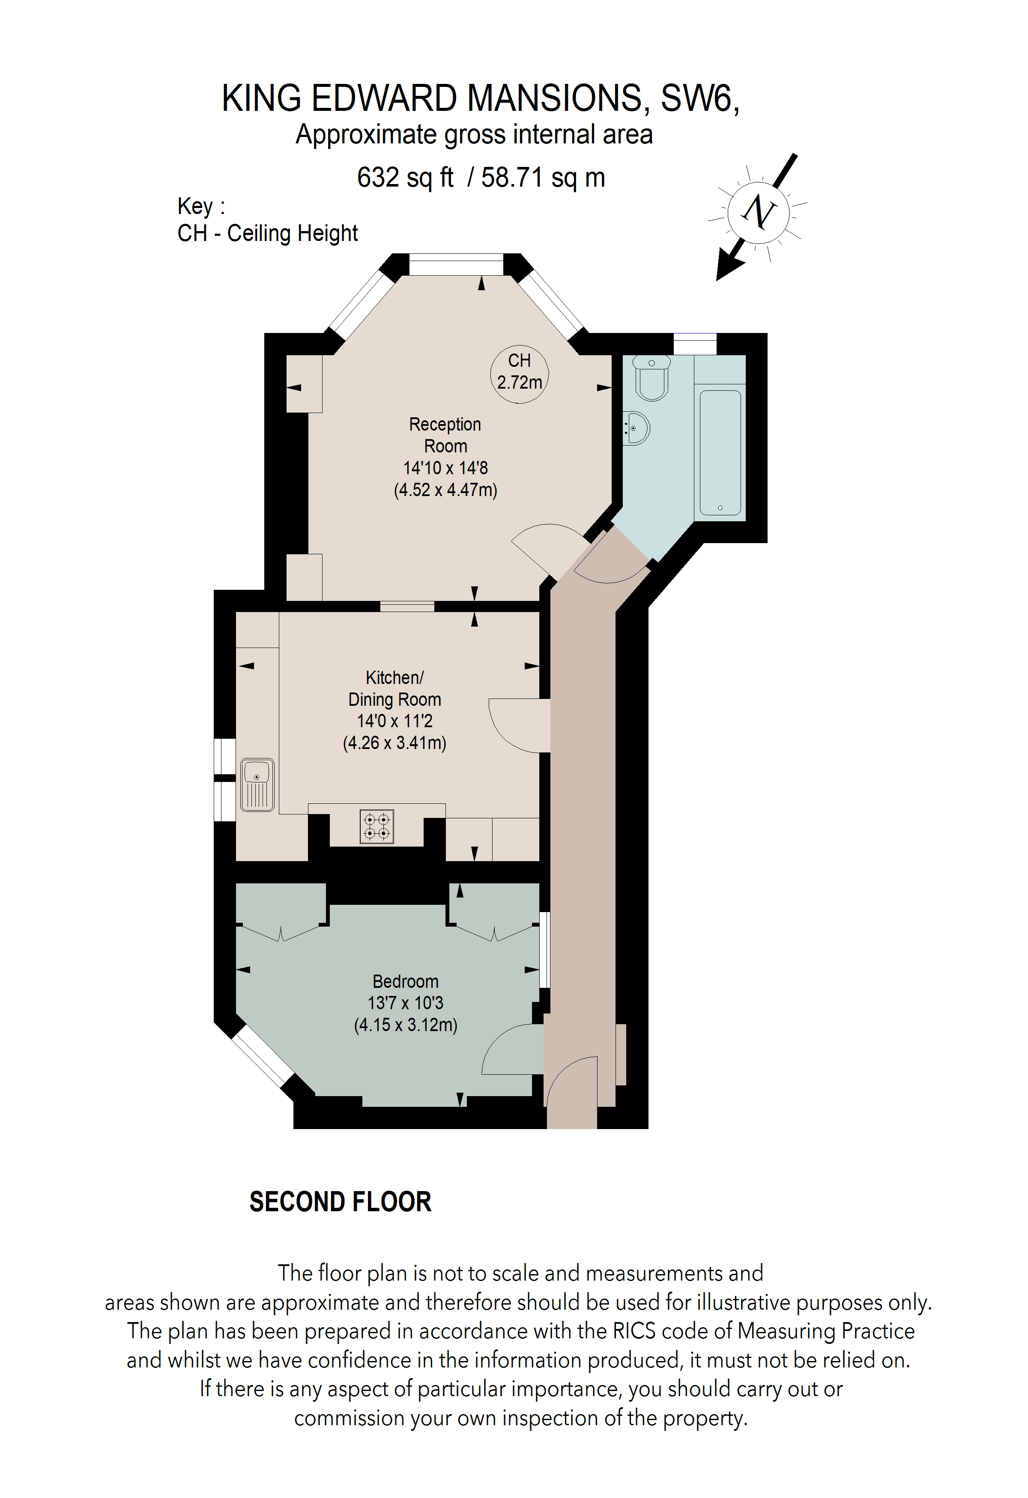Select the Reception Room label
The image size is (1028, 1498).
click(x=445, y=435)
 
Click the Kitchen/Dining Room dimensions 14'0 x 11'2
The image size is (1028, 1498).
click(x=394, y=721)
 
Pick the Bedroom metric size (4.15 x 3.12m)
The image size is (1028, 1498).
click(x=406, y=1025)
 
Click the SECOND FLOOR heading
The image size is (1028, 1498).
click(x=340, y=1202)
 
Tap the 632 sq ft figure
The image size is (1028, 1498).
click(x=405, y=178)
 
